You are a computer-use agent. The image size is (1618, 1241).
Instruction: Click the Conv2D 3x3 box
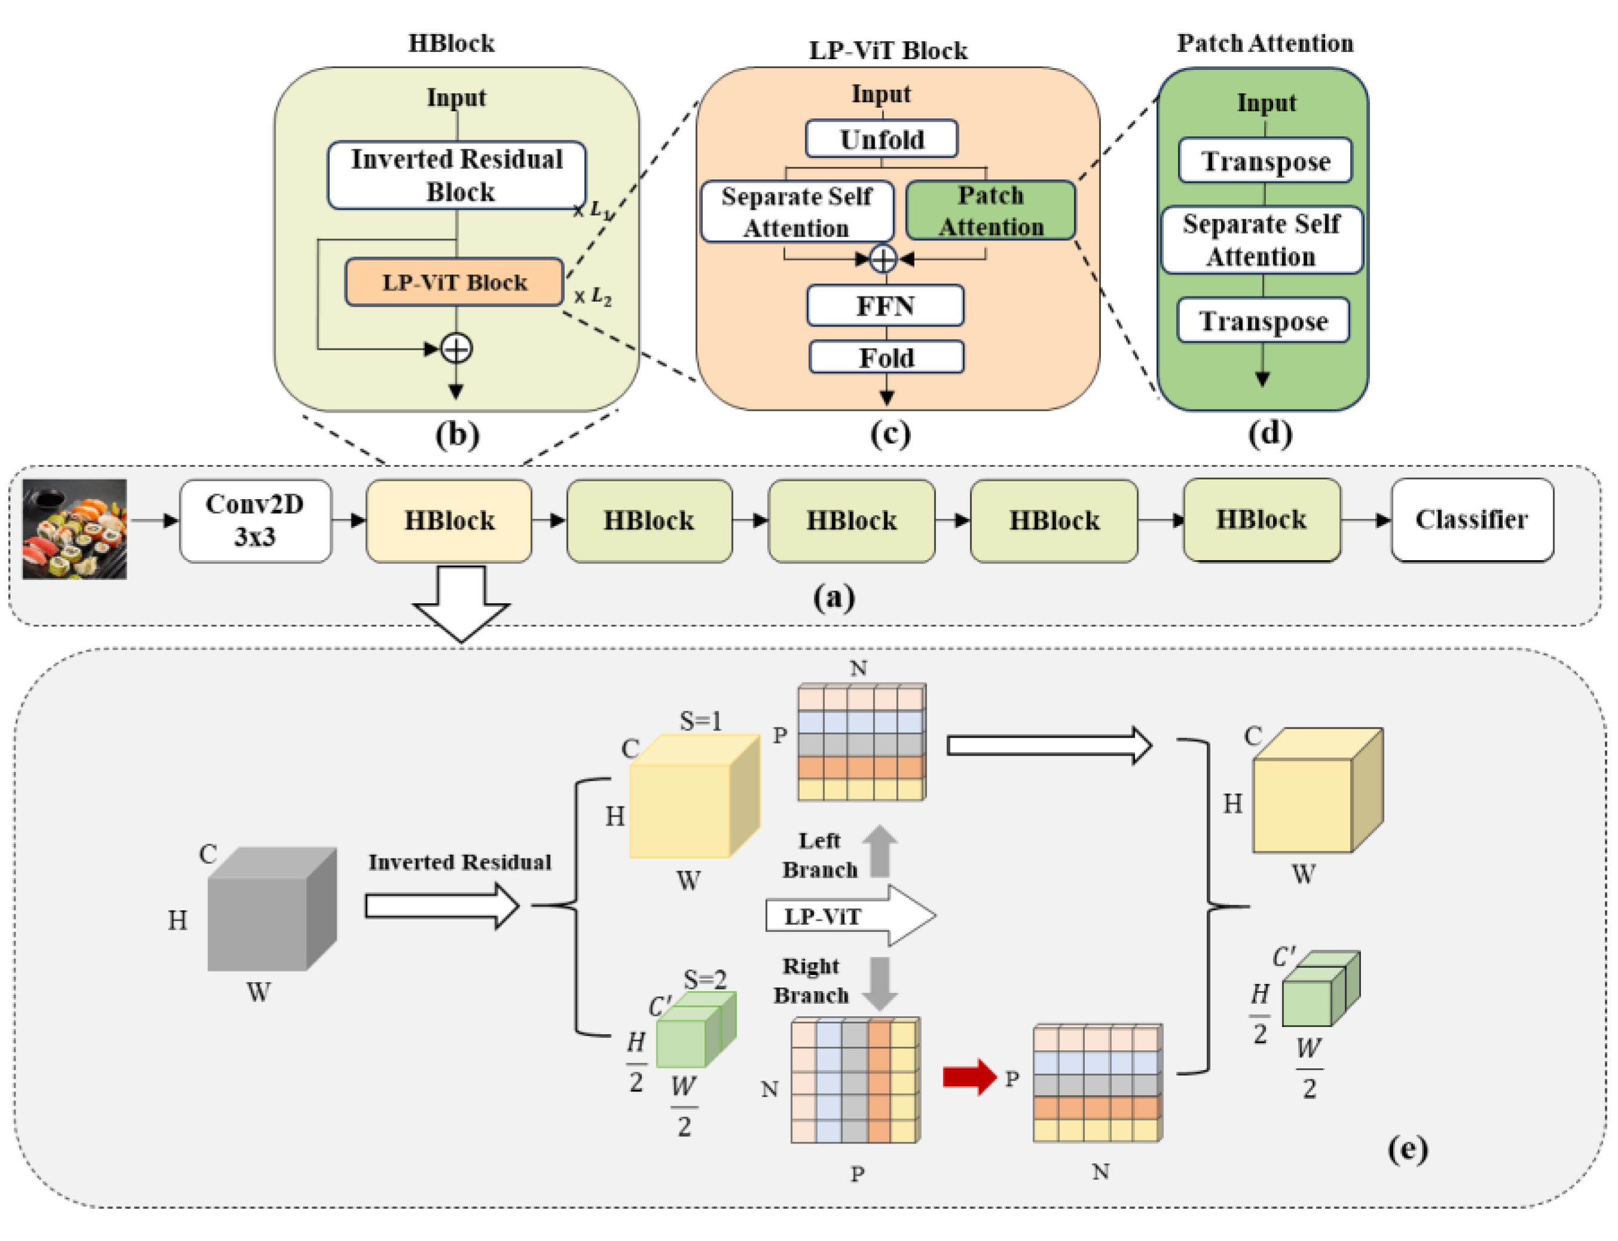(x=255, y=520)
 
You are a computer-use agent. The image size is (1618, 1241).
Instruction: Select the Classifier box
(x=1471, y=519)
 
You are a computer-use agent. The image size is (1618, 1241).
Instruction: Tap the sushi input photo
(x=75, y=528)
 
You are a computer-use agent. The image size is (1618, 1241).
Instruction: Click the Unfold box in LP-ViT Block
(x=881, y=139)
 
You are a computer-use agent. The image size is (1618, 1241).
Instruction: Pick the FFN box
(x=885, y=305)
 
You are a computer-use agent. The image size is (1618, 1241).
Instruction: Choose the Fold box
(x=886, y=357)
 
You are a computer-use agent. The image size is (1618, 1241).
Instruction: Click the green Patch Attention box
(x=990, y=210)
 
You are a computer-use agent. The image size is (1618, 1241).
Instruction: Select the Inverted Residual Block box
(x=457, y=175)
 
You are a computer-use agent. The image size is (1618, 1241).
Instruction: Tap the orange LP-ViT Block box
(x=454, y=282)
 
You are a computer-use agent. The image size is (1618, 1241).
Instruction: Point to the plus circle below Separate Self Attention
(x=882, y=258)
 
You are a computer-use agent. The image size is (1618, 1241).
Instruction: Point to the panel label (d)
(x=1270, y=433)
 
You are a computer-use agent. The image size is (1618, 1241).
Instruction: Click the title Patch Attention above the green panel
(x=1264, y=43)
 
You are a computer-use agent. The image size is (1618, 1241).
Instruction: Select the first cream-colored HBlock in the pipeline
(x=449, y=520)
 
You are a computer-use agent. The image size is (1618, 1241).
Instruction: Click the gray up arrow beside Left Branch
(x=879, y=851)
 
